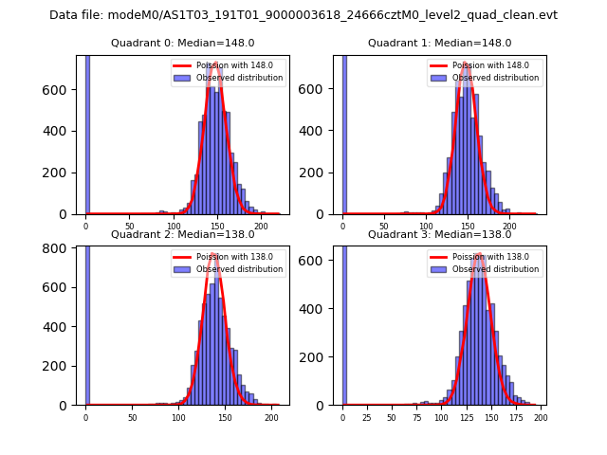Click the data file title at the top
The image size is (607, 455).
tap(303, 15)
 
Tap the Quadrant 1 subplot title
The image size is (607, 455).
tap(439, 43)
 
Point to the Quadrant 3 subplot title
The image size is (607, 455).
tap(439, 234)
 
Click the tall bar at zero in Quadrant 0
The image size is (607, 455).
tap(86, 133)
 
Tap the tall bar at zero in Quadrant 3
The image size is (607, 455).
tap(343, 322)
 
